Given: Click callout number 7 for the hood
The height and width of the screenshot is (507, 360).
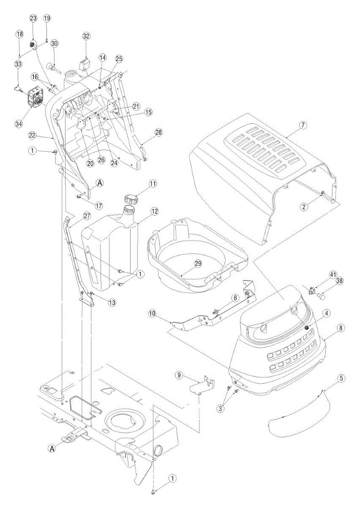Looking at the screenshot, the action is [303, 125].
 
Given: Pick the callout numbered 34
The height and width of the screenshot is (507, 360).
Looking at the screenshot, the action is [19, 124].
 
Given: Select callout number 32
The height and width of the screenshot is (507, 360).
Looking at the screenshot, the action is [86, 36].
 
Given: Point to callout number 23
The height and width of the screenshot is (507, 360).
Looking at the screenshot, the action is [33, 19].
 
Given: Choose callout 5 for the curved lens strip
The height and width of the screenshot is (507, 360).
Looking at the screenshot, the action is [341, 378].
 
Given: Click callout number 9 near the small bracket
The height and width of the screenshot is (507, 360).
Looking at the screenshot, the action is [179, 375].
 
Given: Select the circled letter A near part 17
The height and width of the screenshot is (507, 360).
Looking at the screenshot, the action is [100, 183].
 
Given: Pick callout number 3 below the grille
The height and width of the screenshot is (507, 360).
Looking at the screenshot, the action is [221, 409].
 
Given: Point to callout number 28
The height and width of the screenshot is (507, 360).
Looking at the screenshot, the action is [159, 132].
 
